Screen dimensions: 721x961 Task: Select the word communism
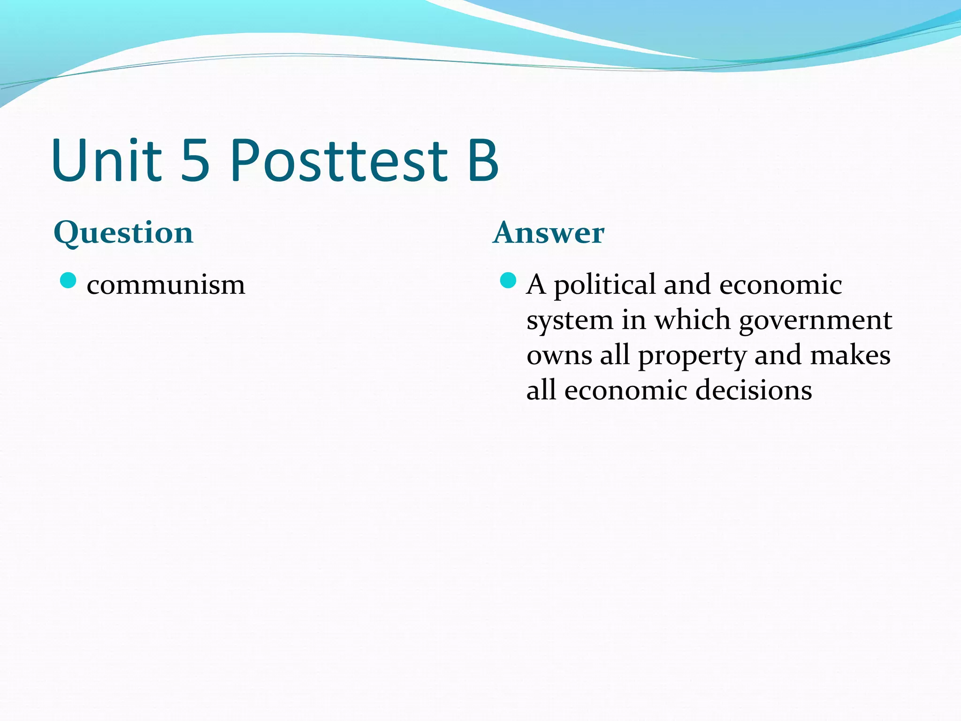166,285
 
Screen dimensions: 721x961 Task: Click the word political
604,285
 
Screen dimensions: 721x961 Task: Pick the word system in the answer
570,321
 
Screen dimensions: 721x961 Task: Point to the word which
693,320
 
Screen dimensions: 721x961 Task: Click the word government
816,321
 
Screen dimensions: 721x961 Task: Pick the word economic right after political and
781,285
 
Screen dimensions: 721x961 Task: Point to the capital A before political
536,285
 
